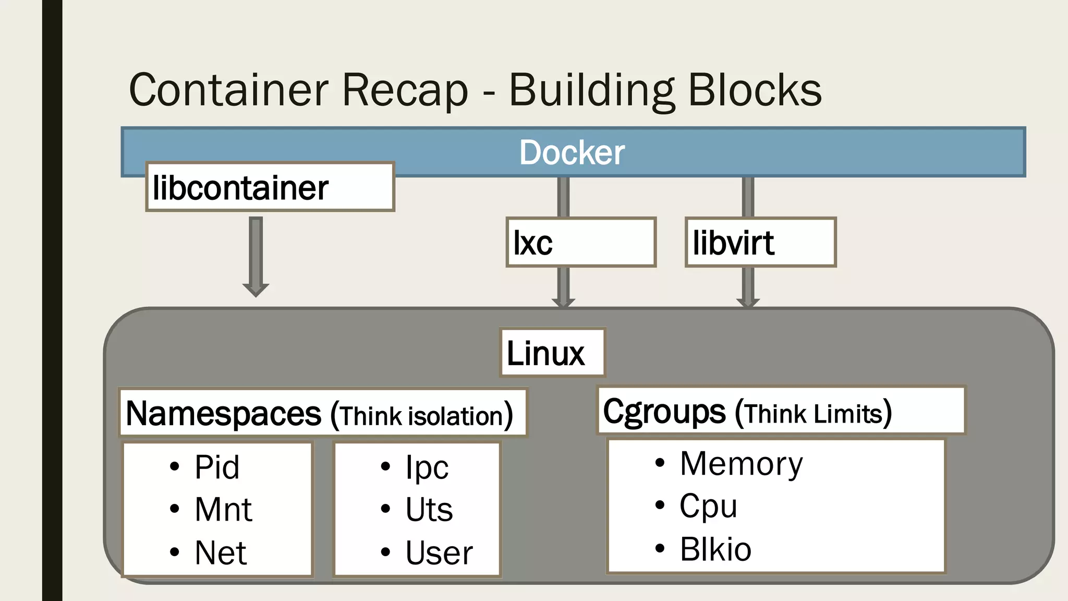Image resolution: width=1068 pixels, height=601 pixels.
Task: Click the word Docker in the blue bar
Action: pos(572,153)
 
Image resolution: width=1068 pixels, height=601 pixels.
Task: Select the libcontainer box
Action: pos(270,187)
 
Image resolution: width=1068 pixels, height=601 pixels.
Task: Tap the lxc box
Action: pos(580,243)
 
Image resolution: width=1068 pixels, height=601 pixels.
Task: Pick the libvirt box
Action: pos(760,243)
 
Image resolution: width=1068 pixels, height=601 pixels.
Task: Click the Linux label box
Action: pos(552,353)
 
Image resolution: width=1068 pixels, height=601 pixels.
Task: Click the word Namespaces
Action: pos(224,414)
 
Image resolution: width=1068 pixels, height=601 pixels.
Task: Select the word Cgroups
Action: pos(664,412)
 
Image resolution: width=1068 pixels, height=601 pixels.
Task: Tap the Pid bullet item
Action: pos(217,467)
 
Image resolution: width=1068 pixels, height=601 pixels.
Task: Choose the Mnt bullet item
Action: pos(223,510)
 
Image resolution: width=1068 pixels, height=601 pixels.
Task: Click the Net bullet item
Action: pos(220,553)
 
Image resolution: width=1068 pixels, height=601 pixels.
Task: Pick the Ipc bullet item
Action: pos(427,467)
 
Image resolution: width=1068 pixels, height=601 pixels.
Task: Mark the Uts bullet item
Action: pos(429,510)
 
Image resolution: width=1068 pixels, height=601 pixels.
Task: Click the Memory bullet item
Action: pos(741,464)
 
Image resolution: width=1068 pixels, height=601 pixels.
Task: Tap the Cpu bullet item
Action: pos(708,506)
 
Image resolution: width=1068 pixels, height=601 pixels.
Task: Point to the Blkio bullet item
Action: pos(715,549)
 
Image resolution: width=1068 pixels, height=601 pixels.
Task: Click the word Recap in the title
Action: pos(405,90)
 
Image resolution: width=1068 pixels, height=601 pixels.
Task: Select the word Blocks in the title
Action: pos(755,90)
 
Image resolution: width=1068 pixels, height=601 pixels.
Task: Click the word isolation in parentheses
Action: pos(455,417)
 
